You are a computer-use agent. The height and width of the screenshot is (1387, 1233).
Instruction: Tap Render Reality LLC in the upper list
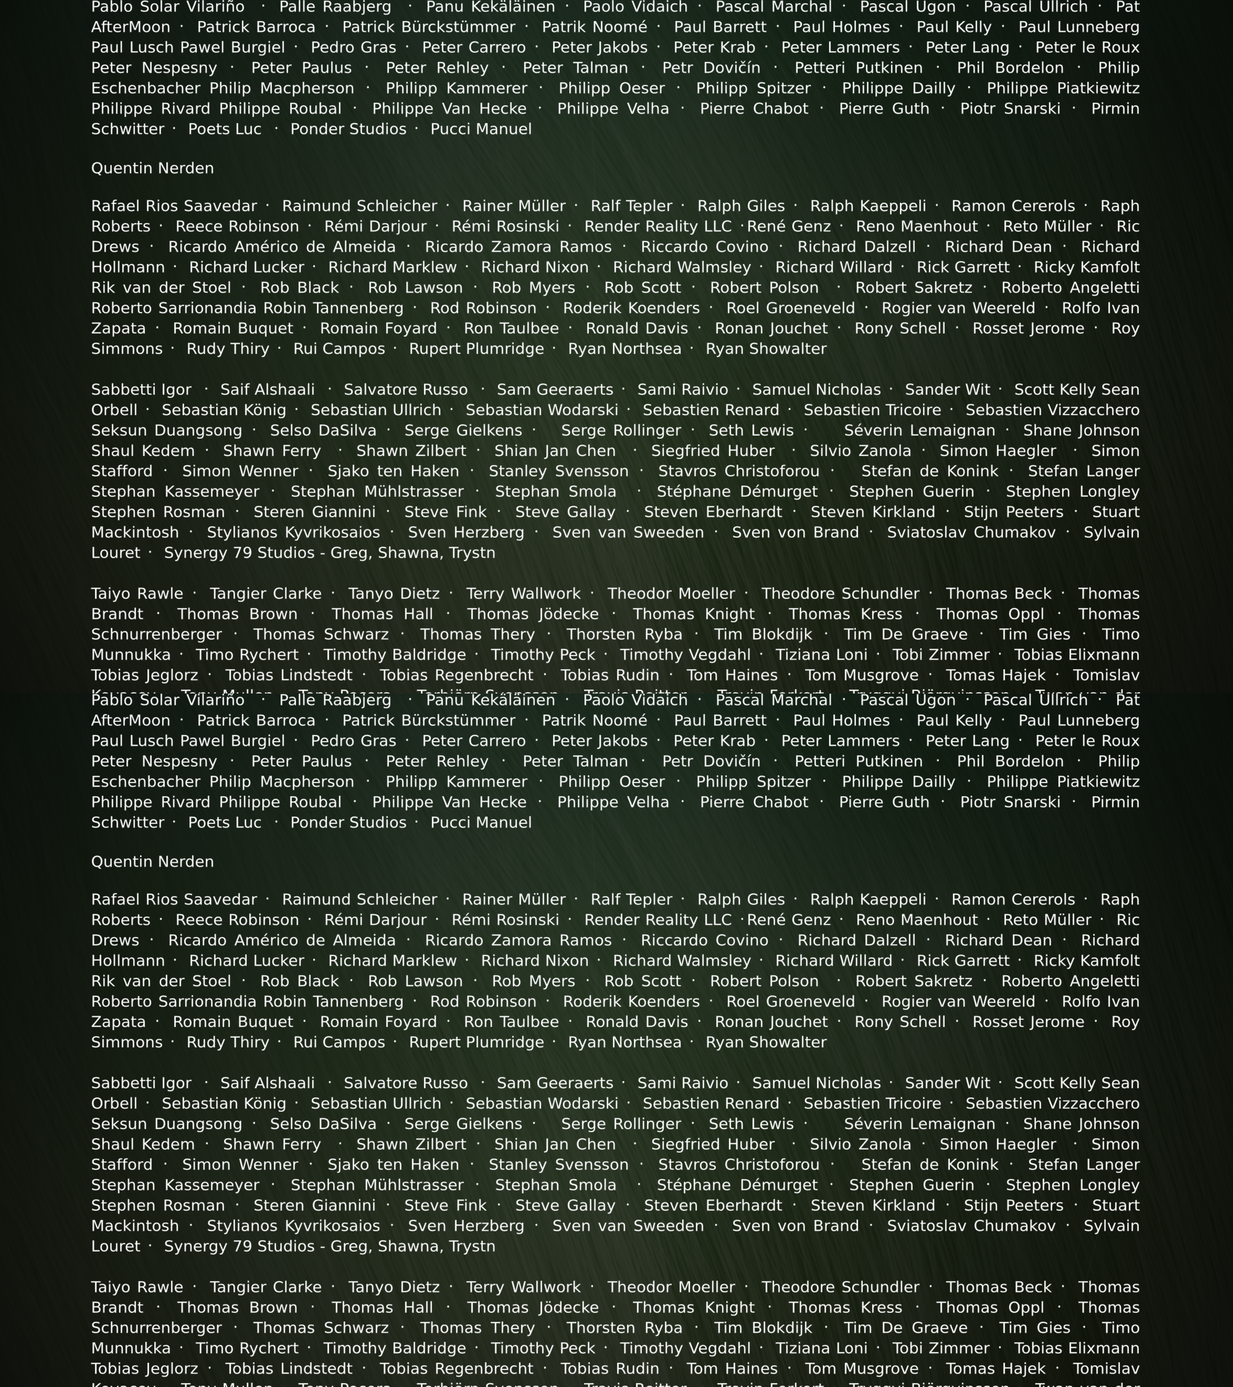tap(657, 227)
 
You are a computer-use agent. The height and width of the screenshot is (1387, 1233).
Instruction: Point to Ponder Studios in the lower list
tap(348, 822)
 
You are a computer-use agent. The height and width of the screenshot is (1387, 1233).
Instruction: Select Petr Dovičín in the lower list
tap(711, 761)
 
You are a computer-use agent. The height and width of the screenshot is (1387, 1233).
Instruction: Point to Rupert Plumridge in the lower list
tap(476, 1042)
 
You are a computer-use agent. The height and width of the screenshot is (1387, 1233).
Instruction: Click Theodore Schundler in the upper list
tap(840, 594)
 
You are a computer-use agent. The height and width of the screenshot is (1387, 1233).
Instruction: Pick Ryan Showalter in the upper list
tap(766, 349)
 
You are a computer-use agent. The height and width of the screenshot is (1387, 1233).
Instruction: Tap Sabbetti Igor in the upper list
tap(141, 390)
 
